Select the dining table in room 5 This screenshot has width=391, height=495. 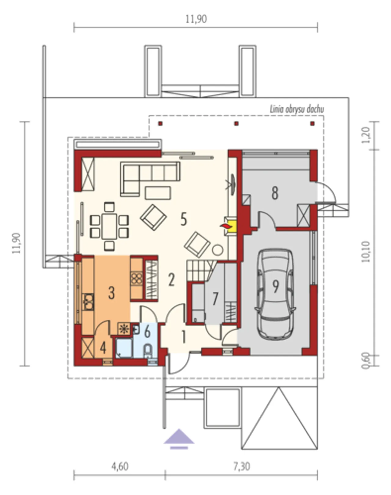coord(109,226)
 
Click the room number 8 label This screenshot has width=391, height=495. coord(275,193)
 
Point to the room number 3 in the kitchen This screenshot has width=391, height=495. coord(111,293)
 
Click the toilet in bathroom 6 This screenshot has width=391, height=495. coord(148,351)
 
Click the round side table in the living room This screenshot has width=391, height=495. coord(217,250)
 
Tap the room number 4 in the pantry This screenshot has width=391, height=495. coord(103,348)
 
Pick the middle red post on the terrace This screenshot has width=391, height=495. coord(236,124)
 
